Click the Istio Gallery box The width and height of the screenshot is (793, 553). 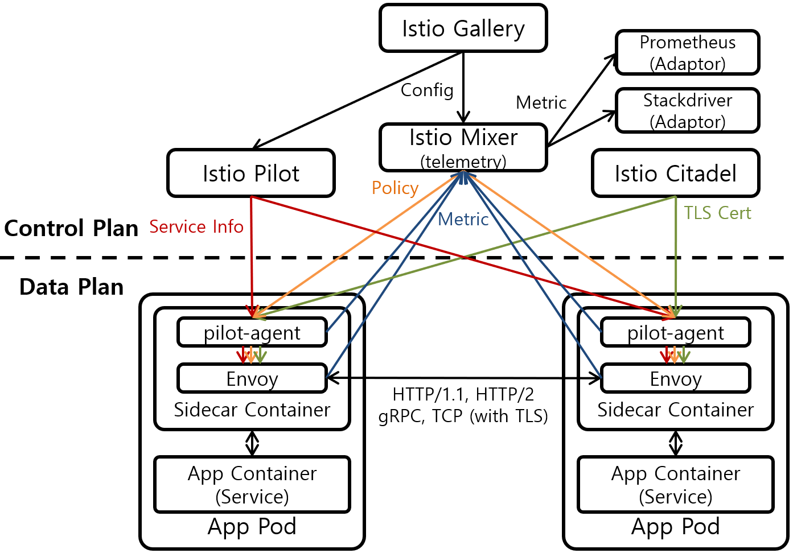[x=463, y=28]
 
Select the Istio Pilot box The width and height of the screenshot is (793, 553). [x=251, y=174]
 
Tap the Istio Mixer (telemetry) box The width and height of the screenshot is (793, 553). [x=463, y=147]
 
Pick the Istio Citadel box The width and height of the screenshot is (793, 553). [x=676, y=174]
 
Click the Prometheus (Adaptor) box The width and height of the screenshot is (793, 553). [x=688, y=53]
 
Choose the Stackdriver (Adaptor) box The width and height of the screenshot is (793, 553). [x=688, y=111]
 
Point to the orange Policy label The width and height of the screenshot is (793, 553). [x=395, y=188]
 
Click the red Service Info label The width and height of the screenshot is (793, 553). [x=196, y=227]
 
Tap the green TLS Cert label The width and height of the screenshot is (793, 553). [x=717, y=213]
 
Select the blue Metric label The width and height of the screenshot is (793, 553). [x=463, y=220]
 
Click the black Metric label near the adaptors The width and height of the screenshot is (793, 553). [x=541, y=102]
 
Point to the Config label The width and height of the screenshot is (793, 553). [x=427, y=90]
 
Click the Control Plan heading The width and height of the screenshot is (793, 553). [x=71, y=228]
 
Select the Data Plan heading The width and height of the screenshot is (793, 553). [x=71, y=287]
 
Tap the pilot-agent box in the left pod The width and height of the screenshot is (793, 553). [x=252, y=333]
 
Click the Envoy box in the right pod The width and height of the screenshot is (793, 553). [x=676, y=379]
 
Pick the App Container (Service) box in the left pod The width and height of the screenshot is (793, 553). [x=252, y=485]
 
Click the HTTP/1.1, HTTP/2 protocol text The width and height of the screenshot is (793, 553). [x=463, y=394]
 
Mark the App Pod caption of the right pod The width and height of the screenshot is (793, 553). [x=676, y=527]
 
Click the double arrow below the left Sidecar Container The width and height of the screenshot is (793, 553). [x=252, y=443]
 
